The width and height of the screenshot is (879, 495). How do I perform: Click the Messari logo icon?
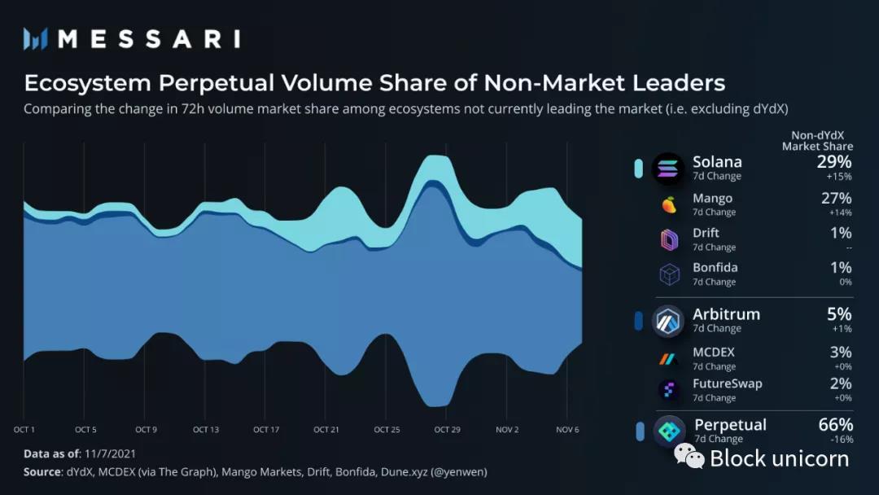pos(36,38)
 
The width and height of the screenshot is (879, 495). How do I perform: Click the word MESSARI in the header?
pos(148,38)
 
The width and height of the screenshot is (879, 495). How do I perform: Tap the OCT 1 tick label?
pos(24,429)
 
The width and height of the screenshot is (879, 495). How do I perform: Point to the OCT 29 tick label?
pos(447,429)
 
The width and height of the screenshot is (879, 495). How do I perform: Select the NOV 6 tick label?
pos(567,429)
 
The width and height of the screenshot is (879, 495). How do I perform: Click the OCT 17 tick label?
pos(266,429)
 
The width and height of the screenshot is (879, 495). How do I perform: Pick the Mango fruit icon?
pos(669,204)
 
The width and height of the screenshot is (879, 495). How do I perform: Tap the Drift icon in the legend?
pos(669,239)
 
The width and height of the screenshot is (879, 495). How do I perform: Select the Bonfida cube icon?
pos(669,274)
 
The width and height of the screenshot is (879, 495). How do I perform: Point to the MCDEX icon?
pos(669,358)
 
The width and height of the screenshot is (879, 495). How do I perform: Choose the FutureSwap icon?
pos(669,390)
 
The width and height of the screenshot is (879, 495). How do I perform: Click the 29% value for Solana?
pos(834,162)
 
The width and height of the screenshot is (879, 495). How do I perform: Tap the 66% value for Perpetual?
pos(834,425)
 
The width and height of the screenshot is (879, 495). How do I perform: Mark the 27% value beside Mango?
pos(836,199)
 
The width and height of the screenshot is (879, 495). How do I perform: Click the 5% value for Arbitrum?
pos(839,314)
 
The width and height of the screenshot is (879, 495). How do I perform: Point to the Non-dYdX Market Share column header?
pos(817,141)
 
